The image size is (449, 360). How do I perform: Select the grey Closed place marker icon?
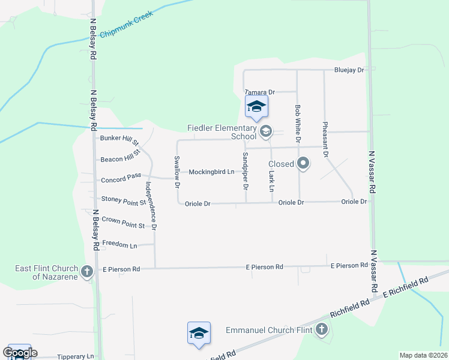303,163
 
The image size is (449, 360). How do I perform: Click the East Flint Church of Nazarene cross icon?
87,272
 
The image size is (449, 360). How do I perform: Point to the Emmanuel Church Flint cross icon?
322,329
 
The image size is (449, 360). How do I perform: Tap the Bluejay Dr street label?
349,70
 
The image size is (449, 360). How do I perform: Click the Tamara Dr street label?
260,92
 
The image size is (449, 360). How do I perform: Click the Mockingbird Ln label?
211,172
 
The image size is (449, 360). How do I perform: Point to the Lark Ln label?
271,181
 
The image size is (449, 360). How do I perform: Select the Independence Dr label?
150,205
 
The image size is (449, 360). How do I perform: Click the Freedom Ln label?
119,244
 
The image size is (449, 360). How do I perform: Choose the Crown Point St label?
123,223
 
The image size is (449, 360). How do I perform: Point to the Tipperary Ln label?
76,356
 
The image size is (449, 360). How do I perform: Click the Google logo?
19,353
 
